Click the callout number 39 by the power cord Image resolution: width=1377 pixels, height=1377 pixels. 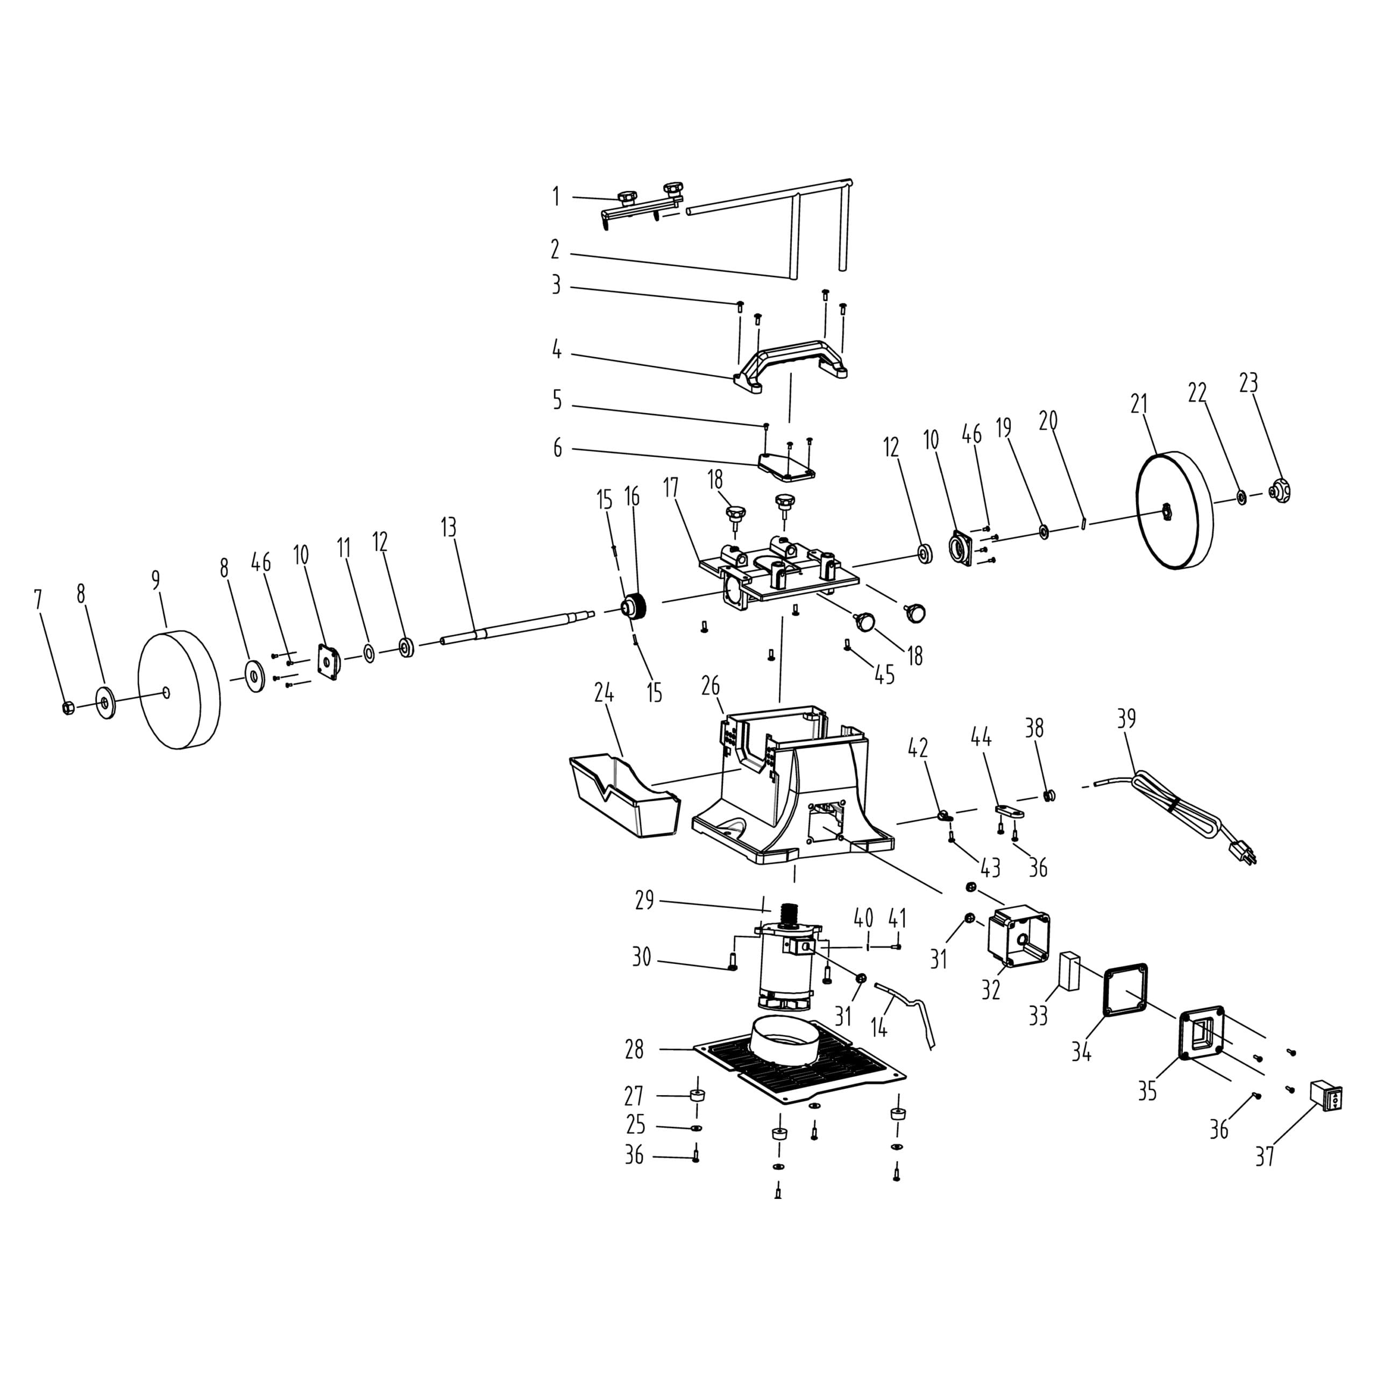click(1126, 719)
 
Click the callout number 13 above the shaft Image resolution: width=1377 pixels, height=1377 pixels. click(448, 528)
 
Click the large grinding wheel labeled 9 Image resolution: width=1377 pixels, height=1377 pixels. click(178, 689)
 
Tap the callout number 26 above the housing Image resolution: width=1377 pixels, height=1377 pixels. click(711, 686)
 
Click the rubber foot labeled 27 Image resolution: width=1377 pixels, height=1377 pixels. click(697, 1096)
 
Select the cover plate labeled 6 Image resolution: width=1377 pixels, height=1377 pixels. click(786, 465)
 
